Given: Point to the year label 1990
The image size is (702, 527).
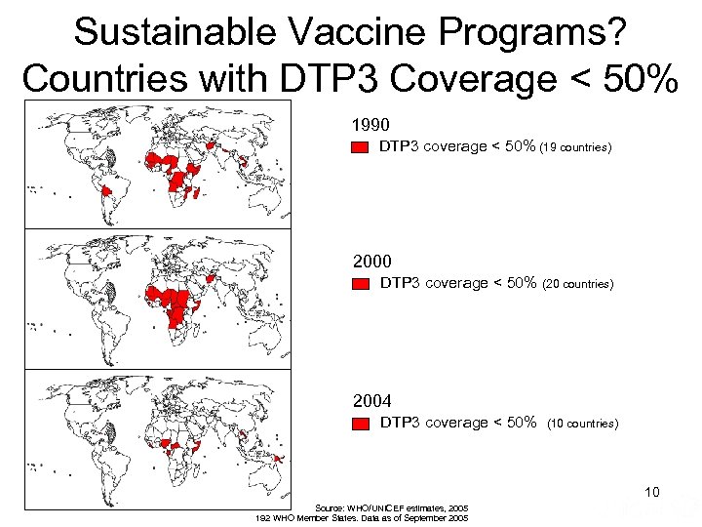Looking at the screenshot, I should coord(371,125).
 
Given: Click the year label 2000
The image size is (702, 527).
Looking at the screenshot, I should coord(371,262).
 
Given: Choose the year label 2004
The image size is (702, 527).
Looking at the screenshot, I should coord(371,401).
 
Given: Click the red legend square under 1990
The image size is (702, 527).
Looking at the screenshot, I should coord(360,148).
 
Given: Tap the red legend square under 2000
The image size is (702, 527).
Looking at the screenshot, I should coord(360,285).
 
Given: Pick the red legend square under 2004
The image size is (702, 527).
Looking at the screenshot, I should coord(360,425).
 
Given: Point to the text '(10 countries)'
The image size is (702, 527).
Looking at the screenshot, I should coord(583,425).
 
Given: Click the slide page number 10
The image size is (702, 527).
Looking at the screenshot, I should coord(651,493).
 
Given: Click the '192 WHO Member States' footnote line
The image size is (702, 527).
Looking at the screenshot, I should coord(361,518).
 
